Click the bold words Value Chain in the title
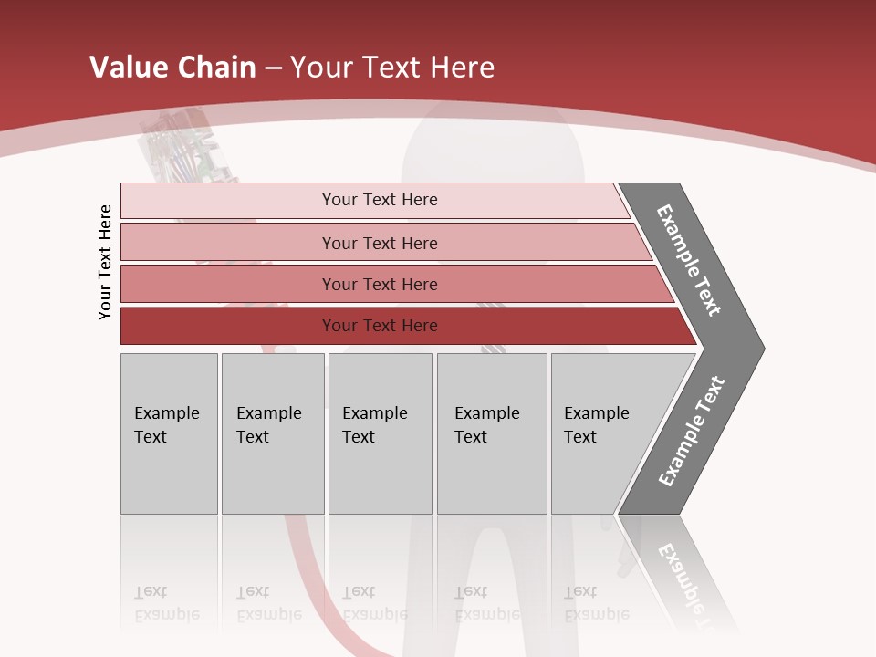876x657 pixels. pos(172,68)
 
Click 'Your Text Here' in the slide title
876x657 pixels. pos(392,68)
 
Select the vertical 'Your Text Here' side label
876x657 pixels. pos(105,263)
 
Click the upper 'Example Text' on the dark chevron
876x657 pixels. pos(689,260)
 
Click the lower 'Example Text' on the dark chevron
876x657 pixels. pos(691,432)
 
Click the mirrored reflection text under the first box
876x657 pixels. pos(167,603)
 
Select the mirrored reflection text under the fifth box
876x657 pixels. pos(597,603)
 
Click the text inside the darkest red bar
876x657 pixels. pos(380,326)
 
